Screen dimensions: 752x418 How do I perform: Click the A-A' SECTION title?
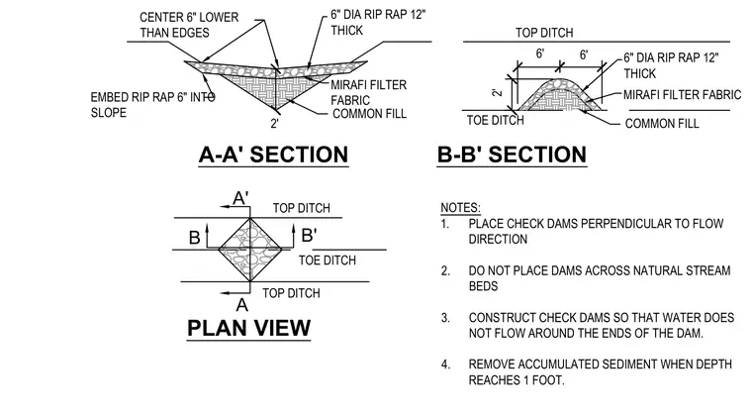point(273,155)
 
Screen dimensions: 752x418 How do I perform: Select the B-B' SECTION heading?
point(512,155)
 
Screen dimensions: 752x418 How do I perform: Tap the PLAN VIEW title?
point(249,328)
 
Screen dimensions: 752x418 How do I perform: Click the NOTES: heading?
point(460,208)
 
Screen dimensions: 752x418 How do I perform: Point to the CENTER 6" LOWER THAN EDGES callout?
point(189,25)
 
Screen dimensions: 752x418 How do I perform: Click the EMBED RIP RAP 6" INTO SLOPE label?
point(153,105)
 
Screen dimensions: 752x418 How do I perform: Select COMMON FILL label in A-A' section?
point(369,114)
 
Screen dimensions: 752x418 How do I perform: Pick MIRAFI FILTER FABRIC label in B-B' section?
point(682,94)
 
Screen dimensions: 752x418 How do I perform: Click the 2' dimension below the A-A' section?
point(274,124)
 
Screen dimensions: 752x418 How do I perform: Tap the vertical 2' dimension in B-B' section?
point(498,91)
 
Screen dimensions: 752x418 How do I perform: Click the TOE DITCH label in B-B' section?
point(496,120)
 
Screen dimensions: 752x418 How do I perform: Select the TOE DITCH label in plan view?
point(328,261)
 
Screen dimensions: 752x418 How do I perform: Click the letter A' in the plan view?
point(240,198)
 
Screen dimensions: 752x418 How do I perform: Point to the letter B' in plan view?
point(309,236)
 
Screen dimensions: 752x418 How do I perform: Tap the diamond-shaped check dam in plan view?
point(250,250)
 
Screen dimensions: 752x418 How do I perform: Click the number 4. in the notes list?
point(446,365)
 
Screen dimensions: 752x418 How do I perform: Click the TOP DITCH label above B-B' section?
point(544,33)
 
